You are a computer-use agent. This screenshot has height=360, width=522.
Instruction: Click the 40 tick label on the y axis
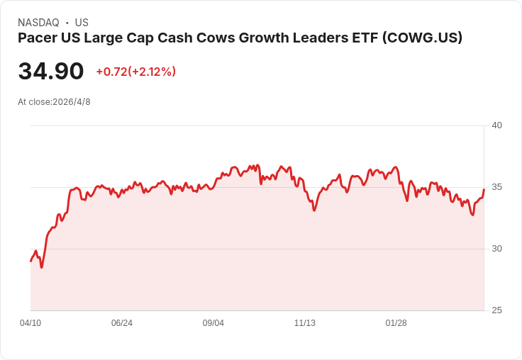pos(496,125)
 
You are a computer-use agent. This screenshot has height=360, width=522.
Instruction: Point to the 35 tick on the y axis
pos(496,187)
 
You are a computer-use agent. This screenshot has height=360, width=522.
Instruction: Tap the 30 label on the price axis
pos(496,249)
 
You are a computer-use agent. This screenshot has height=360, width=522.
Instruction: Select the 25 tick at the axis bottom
pos(496,310)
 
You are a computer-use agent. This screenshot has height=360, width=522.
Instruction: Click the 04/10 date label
pos(30,323)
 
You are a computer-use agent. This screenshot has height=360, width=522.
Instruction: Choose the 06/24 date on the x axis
pos(122,323)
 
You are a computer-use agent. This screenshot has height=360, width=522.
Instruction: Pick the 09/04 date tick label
pos(213,323)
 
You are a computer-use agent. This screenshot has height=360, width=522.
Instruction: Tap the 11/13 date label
pos(305,323)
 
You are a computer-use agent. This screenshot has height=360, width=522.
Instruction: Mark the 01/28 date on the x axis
pos(396,323)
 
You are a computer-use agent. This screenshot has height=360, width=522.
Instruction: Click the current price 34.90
pos(51,72)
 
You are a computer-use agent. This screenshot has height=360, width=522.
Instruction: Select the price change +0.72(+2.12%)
pos(135,72)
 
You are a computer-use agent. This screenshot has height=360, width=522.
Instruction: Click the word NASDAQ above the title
pos(38,23)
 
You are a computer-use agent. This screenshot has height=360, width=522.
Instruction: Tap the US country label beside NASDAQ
pos(82,23)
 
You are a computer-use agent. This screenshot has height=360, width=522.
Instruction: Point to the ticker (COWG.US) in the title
pos(422,38)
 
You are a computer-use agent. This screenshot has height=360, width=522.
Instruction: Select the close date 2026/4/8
pos(72,102)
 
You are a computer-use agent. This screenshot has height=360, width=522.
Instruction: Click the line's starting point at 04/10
pos(30,261)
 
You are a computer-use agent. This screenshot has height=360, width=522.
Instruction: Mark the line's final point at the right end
pos(484,189)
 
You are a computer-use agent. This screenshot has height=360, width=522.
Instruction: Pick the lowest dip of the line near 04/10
pos(41,267)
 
